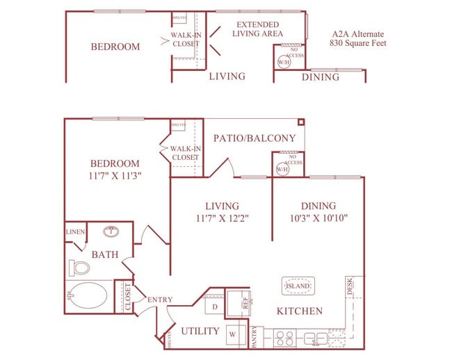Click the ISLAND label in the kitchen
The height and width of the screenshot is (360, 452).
pyautogui.click(x=297, y=285)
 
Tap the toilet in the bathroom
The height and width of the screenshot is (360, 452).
pyautogui.click(x=80, y=268)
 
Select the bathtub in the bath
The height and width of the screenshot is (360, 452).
pyautogui.click(x=88, y=297)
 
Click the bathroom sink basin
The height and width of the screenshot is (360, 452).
pyautogui.click(x=110, y=231)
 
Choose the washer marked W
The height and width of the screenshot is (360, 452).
pyautogui.click(x=232, y=334)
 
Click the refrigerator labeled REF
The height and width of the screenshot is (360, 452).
pyautogui.click(x=245, y=303)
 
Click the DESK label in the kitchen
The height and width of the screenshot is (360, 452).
pyautogui.click(x=350, y=286)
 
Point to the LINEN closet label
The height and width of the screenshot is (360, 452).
pyautogui.click(x=74, y=231)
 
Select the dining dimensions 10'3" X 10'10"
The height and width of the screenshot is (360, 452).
pyautogui.click(x=318, y=218)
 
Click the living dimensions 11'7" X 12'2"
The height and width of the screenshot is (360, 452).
pyautogui.click(x=222, y=218)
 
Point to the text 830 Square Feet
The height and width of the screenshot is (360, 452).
pyautogui.click(x=358, y=43)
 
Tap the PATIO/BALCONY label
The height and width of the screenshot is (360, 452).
pyautogui.click(x=255, y=138)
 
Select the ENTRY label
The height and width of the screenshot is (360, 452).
pyautogui.click(x=160, y=300)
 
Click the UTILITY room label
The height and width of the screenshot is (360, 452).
pyautogui.click(x=200, y=331)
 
